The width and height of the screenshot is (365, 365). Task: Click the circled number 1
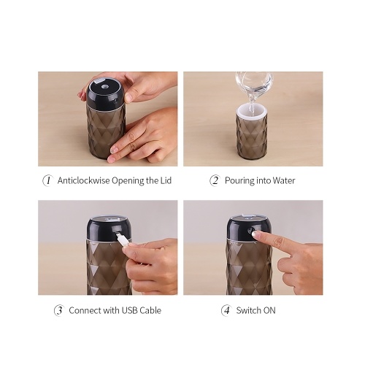point(48,181)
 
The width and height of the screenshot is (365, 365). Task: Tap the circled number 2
point(215,181)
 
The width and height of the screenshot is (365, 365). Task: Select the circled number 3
point(59,311)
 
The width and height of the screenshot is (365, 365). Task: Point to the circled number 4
point(226,311)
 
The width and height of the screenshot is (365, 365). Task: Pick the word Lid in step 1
point(166,180)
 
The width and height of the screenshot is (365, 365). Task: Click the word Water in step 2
point(284,180)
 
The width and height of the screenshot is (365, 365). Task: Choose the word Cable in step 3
point(150,310)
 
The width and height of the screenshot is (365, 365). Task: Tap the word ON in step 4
point(269,311)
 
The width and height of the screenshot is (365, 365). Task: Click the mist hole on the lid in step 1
point(105,86)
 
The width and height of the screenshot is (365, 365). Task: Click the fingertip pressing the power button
point(255,234)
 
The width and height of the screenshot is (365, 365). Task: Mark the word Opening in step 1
point(128,181)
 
